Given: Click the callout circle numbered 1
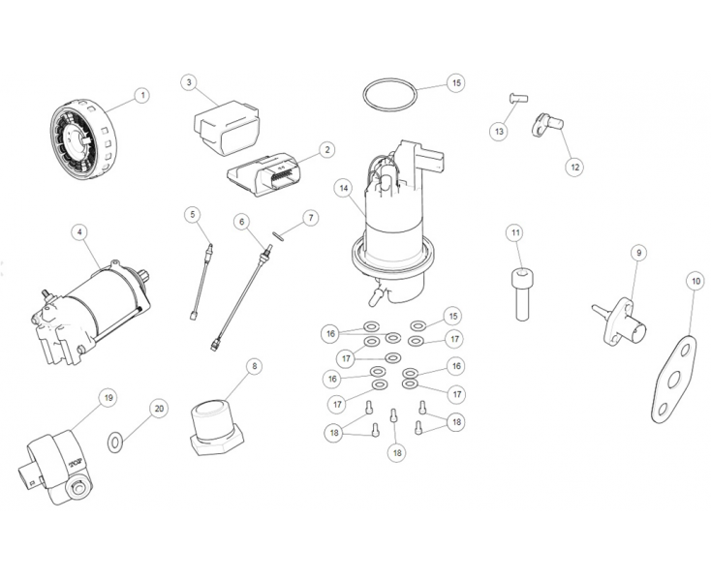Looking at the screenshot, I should click(141, 95).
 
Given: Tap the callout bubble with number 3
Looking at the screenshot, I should click(189, 82).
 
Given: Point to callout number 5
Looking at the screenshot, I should click(193, 213).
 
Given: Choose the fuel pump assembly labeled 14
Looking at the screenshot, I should click(392, 232).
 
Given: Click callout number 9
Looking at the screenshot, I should click(638, 253).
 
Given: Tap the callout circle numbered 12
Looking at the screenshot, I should click(574, 167).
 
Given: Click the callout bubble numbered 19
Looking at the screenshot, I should click(108, 397).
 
